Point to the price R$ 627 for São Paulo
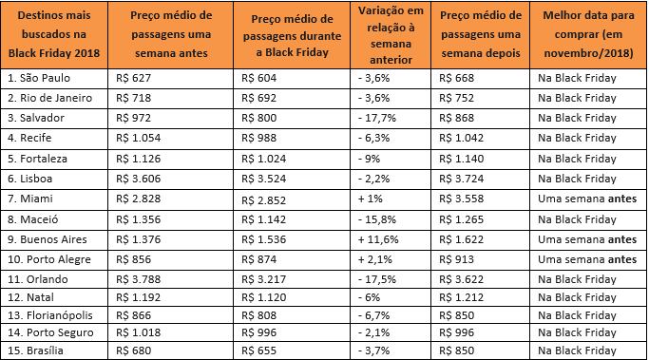(129, 76)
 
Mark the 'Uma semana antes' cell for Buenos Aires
(587, 237)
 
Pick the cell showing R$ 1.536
(264, 237)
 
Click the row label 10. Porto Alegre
(45, 258)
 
